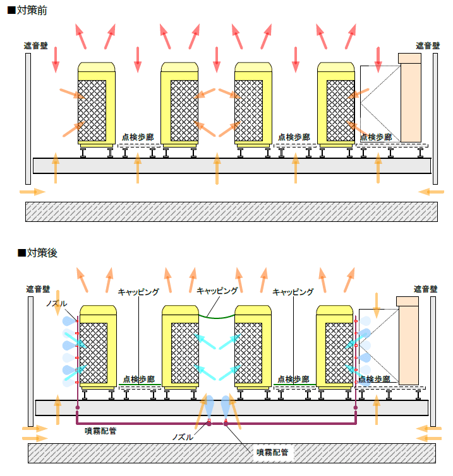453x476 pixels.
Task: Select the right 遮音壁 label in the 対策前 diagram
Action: pos(428,45)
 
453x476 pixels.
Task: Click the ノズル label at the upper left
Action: pos(56,304)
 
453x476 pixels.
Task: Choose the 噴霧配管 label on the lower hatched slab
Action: pos(272,452)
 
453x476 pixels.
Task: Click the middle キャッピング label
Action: pos(217,291)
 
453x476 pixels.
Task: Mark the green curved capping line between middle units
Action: pos(217,315)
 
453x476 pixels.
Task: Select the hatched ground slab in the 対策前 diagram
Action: pos(231,211)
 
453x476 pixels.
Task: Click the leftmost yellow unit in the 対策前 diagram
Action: pos(96,104)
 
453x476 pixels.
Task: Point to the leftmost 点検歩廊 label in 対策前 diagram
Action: pos(138,137)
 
